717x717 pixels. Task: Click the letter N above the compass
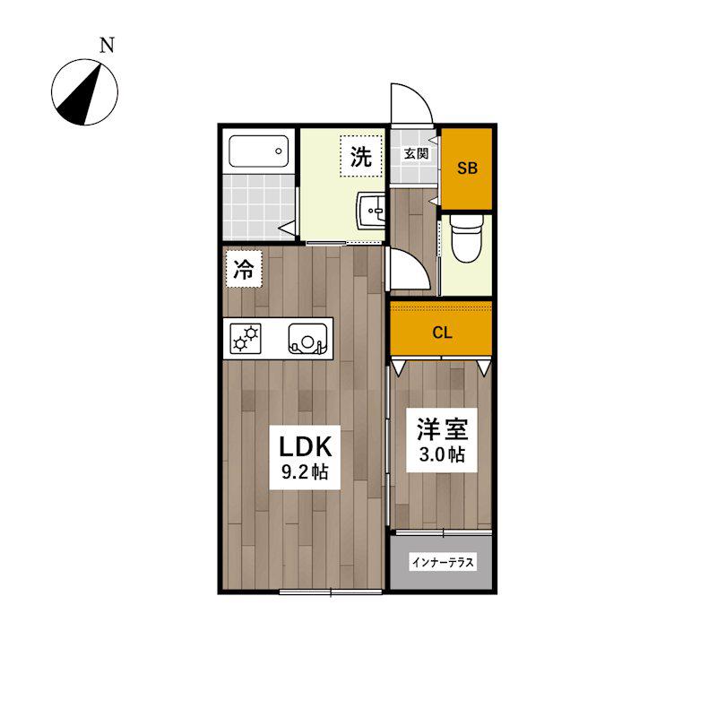coord(107,45)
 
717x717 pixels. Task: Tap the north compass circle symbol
coord(84,92)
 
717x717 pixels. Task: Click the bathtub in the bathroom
coord(259,151)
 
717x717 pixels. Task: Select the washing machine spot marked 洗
coord(361,156)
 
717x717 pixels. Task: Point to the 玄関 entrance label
coord(416,154)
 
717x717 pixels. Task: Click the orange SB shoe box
coord(466,168)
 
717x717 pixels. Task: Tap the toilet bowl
coord(466,238)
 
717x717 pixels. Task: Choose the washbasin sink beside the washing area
coord(371,211)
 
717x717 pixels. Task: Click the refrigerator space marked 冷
coord(244,269)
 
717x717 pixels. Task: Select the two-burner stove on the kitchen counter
coord(246,339)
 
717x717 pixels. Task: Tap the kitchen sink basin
coord(307,339)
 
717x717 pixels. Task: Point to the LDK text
coord(305,446)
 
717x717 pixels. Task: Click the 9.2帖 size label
coord(305,472)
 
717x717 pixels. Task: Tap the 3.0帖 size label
coord(442,454)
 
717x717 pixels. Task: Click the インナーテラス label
coord(443,562)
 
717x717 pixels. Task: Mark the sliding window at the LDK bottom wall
coord(330,592)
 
